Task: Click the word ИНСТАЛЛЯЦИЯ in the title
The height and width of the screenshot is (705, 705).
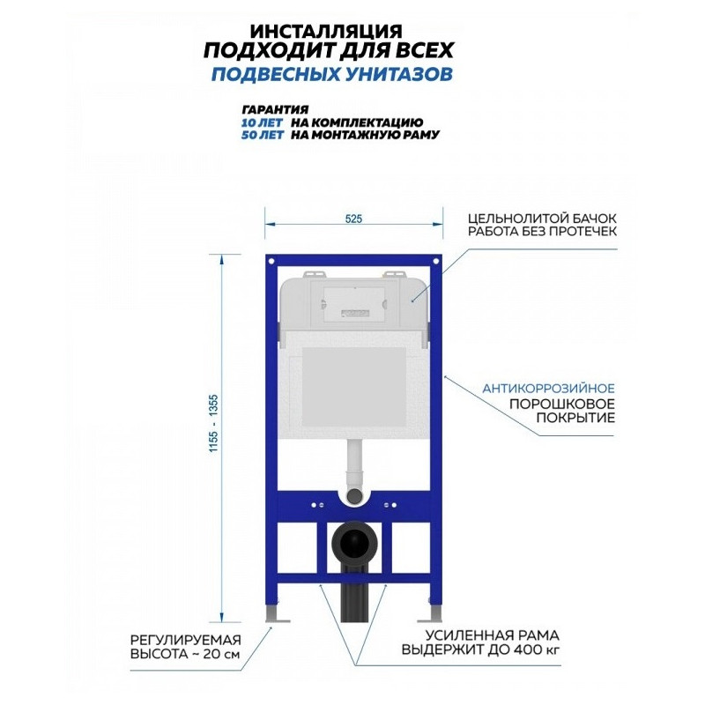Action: pos(326,31)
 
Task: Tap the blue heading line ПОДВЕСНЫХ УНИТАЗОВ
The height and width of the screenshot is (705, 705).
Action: pos(332,74)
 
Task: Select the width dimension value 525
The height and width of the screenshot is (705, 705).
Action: pos(354,219)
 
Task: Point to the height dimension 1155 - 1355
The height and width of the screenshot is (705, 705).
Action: pos(213,423)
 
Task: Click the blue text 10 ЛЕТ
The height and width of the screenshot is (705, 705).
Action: pos(262,122)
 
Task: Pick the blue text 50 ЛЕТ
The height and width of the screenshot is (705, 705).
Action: pos(262,135)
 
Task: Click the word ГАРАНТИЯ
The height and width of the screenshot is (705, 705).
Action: pos(275,109)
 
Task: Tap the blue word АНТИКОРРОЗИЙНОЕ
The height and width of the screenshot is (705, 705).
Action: pos(548,388)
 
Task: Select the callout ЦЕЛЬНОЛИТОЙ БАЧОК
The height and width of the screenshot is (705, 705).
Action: pos(542,219)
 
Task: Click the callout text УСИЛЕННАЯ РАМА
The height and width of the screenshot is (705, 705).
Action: pos(493,635)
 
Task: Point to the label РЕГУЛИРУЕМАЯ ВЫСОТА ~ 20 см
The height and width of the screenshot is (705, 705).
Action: pos(186,647)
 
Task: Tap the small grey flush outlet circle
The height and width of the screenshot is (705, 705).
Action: pos(354,495)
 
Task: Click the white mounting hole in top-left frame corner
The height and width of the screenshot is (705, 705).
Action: pos(271,261)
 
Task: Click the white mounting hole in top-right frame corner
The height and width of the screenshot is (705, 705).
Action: pos(436,261)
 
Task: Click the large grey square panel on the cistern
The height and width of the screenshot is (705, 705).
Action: pos(354,387)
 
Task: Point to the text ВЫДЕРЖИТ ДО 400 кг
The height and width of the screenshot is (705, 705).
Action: pos(480,650)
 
